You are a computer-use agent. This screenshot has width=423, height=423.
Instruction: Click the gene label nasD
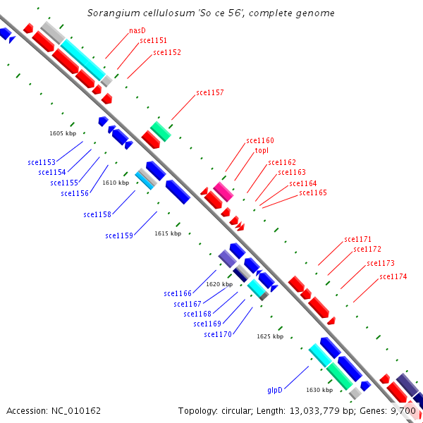(x=137, y=31)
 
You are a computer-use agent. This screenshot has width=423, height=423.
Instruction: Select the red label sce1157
(x=210, y=92)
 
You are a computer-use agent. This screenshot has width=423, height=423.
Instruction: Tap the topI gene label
(x=252, y=150)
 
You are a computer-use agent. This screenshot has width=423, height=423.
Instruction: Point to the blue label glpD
(x=275, y=390)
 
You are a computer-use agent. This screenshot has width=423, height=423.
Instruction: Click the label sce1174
(x=393, y=276)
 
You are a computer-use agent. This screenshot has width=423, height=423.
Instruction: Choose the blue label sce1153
(x=42, y=162)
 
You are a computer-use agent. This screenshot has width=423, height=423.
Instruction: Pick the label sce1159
(x=119, y=235)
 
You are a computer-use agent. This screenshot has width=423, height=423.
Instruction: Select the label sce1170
(x=218, y=334)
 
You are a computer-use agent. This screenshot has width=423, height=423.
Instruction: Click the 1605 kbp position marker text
(x=63, y=133)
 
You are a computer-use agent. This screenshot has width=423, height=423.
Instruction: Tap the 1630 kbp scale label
(x=319, y=390)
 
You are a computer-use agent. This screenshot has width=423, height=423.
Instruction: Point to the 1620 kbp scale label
(x=219, y=284)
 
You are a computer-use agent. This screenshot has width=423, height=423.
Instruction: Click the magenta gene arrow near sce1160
(x=223, y=191)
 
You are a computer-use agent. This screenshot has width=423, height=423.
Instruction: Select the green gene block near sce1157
(x=161, y=131)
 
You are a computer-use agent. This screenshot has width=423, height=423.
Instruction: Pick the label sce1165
(x=313, y=192)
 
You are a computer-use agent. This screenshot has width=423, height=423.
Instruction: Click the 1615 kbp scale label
(x=168, y=233)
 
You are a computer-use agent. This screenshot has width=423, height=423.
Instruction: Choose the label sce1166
(x=178, y=293)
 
